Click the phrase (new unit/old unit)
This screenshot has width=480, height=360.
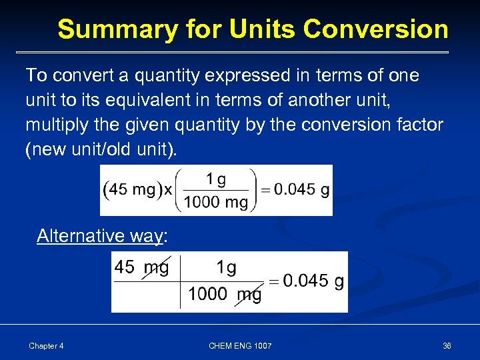pyautogui.click(x=101, y=150)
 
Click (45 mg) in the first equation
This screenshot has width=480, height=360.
pyautogui.click(x=130, y=190)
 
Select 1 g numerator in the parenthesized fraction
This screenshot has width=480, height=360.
pyautogui.click(x=216, y=179)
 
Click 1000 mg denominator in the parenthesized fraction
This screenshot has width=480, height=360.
pyautogui.click(x=216, y=202)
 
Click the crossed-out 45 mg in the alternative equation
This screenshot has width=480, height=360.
pyautogui.click(x=141, y=268)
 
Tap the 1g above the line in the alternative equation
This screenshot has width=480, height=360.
pyautogui.click(x=226, y=268)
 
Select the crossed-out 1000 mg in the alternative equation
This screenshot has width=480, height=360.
pyautogui.click(x=225, y=294)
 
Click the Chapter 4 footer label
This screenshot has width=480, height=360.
pyautogui.click(x=46, y=346)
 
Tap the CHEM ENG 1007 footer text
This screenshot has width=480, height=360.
pyautogui.click(x=240, y=346)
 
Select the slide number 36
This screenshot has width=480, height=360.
pyautogui.click(x=447, y=346)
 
